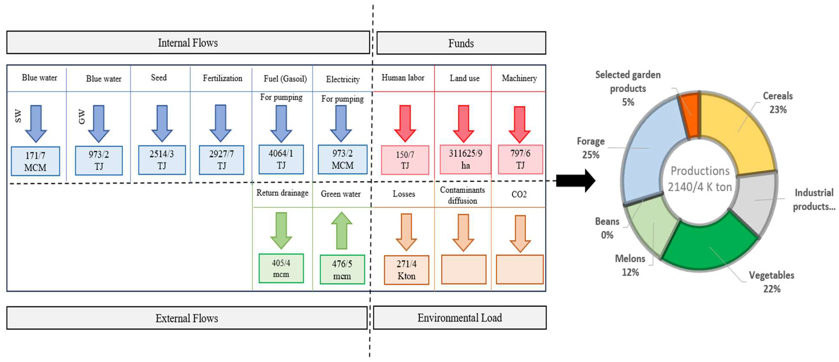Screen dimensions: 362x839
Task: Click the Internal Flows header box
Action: click(188, 43)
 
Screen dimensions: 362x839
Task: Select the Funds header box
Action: click(461, 43)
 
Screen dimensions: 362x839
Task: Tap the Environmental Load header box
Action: click(459, 317)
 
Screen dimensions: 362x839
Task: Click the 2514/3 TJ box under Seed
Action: click(162, 160)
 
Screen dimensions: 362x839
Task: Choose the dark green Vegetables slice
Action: click(710, 244)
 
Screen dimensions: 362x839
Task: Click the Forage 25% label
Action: click(591, 148)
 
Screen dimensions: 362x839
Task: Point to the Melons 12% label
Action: click(630, 265)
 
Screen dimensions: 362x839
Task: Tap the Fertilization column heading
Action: click(222, 78)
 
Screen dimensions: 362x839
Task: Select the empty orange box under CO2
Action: click(519, 269)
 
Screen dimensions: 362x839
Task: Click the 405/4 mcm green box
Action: click(281, 268)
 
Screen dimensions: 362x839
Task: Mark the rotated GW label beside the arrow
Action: click(82, 117)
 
